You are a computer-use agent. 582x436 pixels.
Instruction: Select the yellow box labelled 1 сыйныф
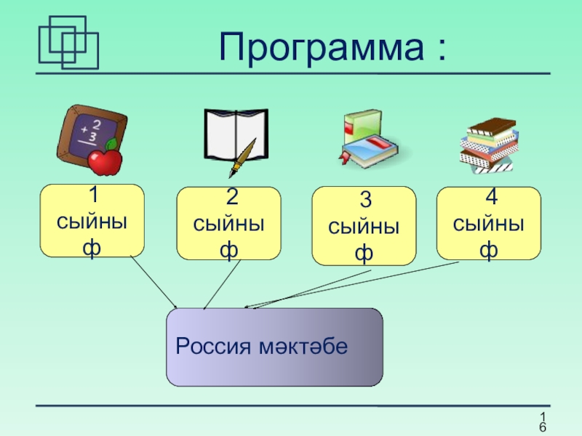(x=92, y=221)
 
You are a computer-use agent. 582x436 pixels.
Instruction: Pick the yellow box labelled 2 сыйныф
(x=228, y=223)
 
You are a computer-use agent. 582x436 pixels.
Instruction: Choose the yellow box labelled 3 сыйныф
(x=364, y=226)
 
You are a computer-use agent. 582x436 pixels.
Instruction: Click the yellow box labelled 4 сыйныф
(x=488, y=223)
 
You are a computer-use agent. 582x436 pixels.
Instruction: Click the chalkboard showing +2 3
(x=87, y=132)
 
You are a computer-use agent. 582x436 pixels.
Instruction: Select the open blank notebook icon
(x=234, y=134)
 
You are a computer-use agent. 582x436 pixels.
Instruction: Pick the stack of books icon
(x=489, y=143)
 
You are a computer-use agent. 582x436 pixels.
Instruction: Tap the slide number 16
(x=542, y=421)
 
